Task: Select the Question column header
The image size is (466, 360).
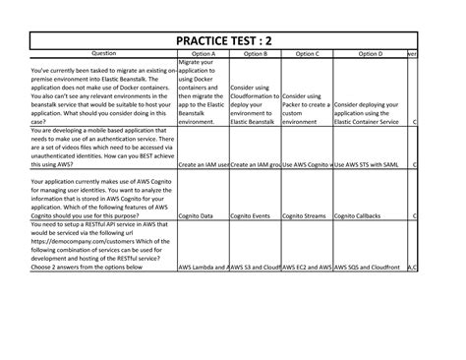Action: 103,54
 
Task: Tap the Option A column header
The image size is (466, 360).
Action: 204,54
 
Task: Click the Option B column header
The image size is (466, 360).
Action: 254,54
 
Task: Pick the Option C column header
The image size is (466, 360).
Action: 306,54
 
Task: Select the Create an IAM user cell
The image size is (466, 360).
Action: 204,164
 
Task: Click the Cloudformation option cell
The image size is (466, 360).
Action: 254,104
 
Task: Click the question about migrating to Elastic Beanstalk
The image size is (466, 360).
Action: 103,91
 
